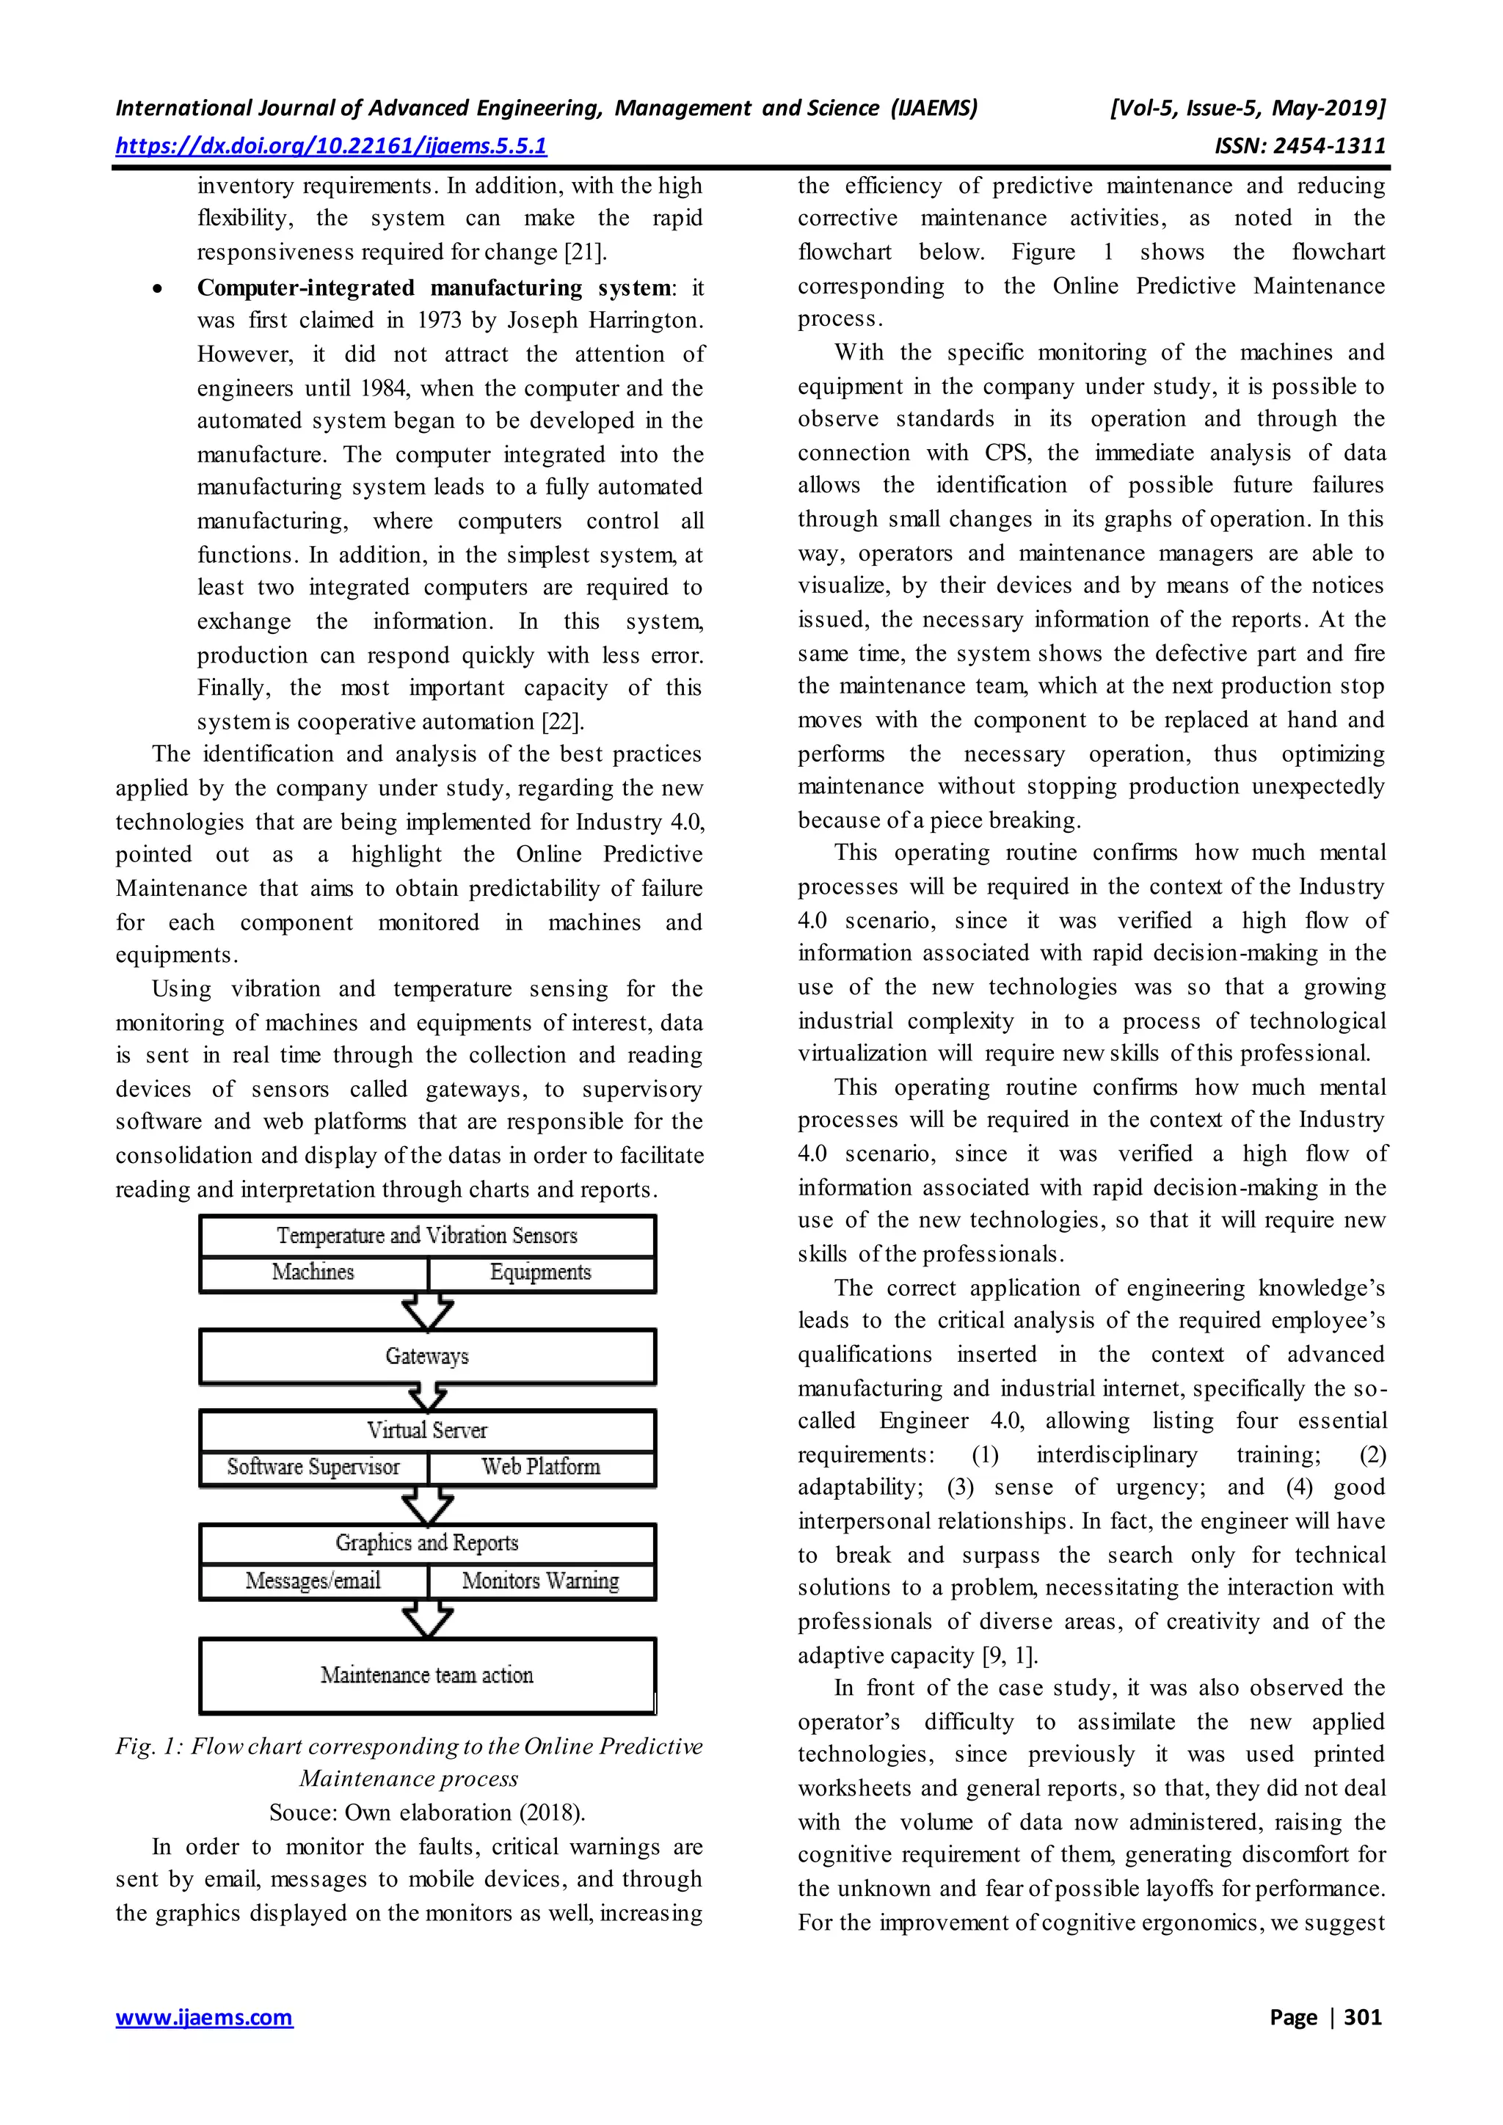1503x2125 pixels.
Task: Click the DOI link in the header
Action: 330,145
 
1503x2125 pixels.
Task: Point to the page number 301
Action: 1361,2016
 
